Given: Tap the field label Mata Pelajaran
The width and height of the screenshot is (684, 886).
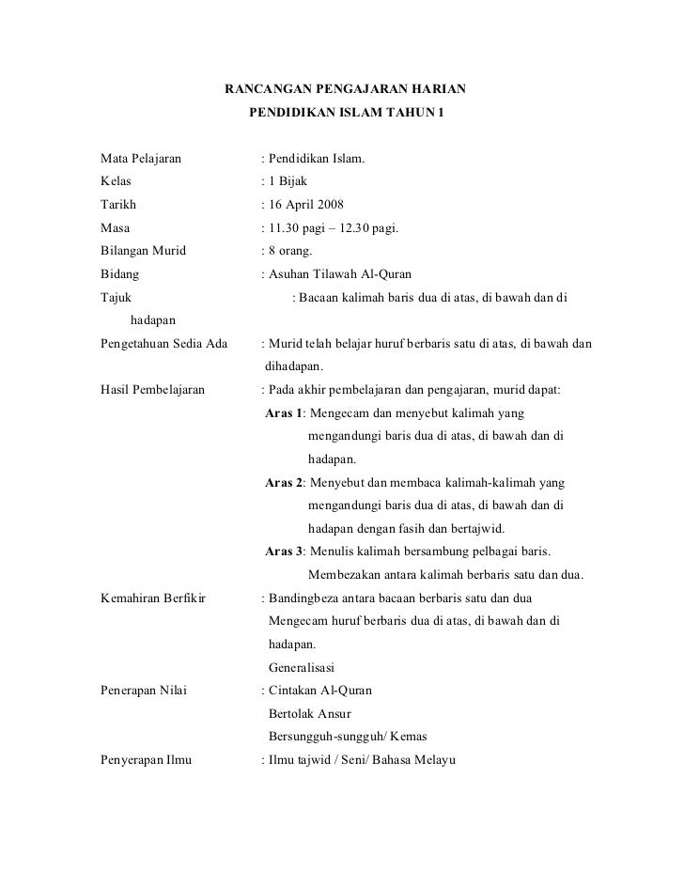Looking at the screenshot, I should (x=141, y=159).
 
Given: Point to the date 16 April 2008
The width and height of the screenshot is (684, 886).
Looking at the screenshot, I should (x=306, y=205).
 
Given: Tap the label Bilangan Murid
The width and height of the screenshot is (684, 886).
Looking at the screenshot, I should (x=143, y=251).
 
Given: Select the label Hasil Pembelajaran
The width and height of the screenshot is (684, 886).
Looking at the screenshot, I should (x=152, y=389).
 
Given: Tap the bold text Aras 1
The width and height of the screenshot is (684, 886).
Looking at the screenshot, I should (x=284, y=412).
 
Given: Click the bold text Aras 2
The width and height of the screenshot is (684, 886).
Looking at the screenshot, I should (x=284, y=482).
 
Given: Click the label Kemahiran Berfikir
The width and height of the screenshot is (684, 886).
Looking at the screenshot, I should (x=153, y=598).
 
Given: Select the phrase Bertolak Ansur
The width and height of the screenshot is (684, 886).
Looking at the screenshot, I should (x=310, y=713).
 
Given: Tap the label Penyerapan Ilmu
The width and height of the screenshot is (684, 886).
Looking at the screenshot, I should (x=146, y=759).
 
